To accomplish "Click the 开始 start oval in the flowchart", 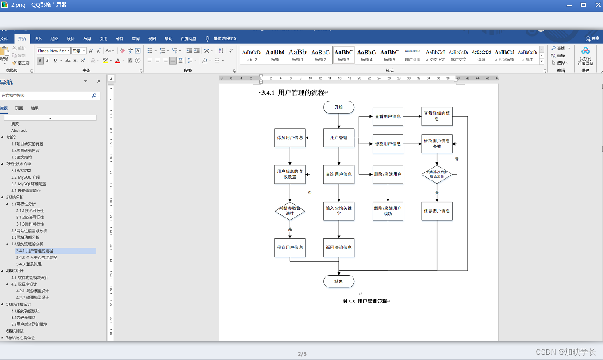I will pos(339,107).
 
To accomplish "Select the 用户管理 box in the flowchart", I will pos(339,138).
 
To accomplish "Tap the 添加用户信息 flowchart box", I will pos(290,138).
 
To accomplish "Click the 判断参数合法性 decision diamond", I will pos(290,211).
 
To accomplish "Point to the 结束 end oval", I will pos(339,281).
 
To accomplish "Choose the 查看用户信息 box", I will pos(388,116).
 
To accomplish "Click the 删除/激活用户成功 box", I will pos(388,211).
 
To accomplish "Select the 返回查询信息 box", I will pos(339,248).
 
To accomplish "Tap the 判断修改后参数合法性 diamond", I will pos(437,174).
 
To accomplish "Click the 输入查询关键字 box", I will pos(339,211).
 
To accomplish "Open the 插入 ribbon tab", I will pos(38,38).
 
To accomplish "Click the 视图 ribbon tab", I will pos(152,38).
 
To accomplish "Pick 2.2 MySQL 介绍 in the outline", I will pos(26,177).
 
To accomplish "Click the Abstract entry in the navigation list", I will pos(19,130).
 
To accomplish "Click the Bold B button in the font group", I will pos(40,61).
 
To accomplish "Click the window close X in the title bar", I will pos(596,4).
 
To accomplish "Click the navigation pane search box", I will pos(46,96).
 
